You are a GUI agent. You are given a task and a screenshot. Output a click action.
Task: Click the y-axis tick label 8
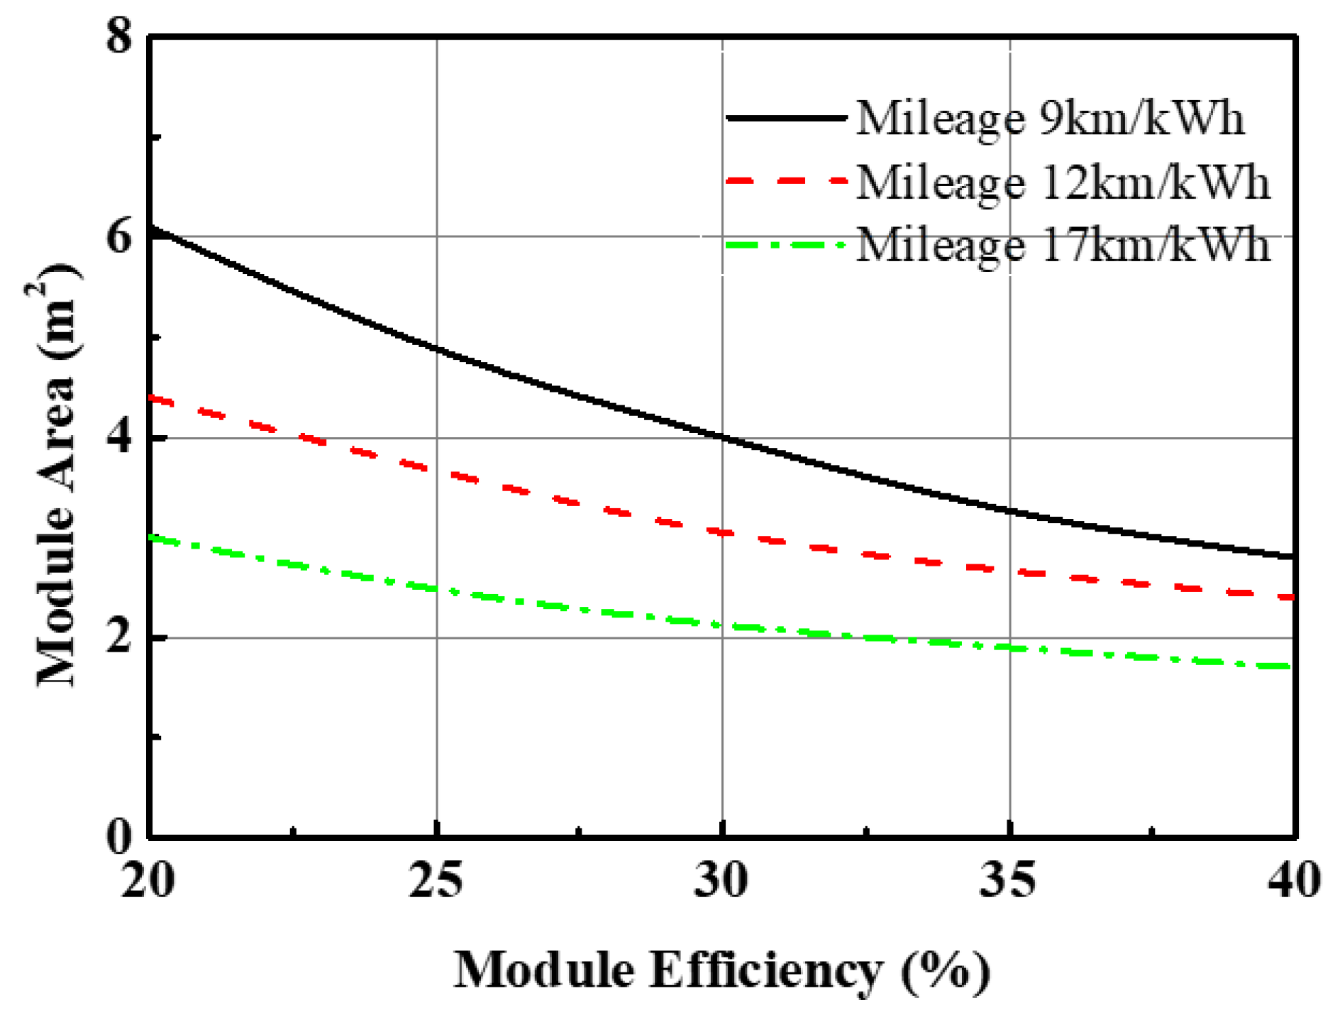coord(119,35)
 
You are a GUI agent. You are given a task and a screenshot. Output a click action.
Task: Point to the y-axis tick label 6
coord(119,236)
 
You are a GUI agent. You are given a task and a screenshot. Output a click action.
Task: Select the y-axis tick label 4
coord(119,438)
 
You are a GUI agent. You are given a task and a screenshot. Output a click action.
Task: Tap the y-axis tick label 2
coord(119,637)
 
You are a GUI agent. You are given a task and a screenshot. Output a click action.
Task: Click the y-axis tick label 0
coord(119,836)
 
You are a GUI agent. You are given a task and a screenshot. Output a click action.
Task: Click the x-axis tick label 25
coord(436,881)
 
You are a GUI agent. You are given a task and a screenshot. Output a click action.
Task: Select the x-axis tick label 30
coord(721,881)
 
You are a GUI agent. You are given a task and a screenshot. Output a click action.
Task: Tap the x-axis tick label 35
coord(1008,881)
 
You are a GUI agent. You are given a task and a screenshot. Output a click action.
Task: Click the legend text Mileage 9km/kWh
coord(1050,118)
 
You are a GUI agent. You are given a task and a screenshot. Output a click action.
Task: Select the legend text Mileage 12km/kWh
coord(1063,182)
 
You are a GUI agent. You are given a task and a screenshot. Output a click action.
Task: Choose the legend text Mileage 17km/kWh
coord(1063,246)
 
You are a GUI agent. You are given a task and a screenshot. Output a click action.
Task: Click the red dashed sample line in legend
coord(787,182)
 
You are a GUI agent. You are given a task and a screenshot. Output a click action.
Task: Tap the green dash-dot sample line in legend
coord(787,245)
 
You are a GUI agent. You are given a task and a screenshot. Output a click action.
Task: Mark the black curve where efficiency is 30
coord(722,437)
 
